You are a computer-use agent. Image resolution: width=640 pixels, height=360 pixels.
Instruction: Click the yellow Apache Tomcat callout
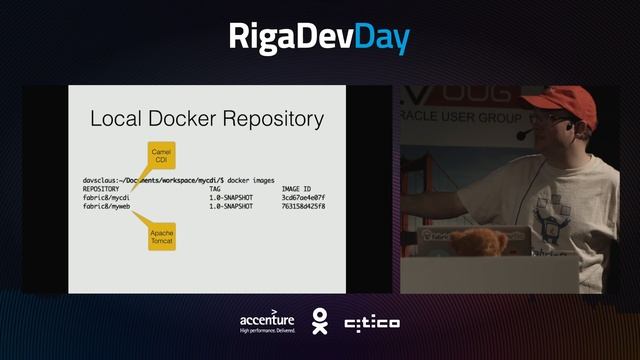[x=162, y=237]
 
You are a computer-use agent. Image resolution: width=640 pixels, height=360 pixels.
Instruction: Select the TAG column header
[x=215, y=188]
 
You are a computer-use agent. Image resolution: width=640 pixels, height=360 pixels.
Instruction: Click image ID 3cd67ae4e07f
[x=304, y=198]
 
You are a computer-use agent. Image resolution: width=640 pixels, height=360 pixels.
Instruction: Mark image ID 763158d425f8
[x=304, y=207]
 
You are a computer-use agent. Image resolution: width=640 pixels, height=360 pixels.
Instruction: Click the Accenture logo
[x=267, y=322]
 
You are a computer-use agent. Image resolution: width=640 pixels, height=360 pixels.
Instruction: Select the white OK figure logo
[x=319, y=321]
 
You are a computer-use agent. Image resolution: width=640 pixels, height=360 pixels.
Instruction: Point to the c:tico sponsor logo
[x=372, y=323]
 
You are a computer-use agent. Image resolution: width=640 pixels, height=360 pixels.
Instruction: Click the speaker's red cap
[x=564, y=100]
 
